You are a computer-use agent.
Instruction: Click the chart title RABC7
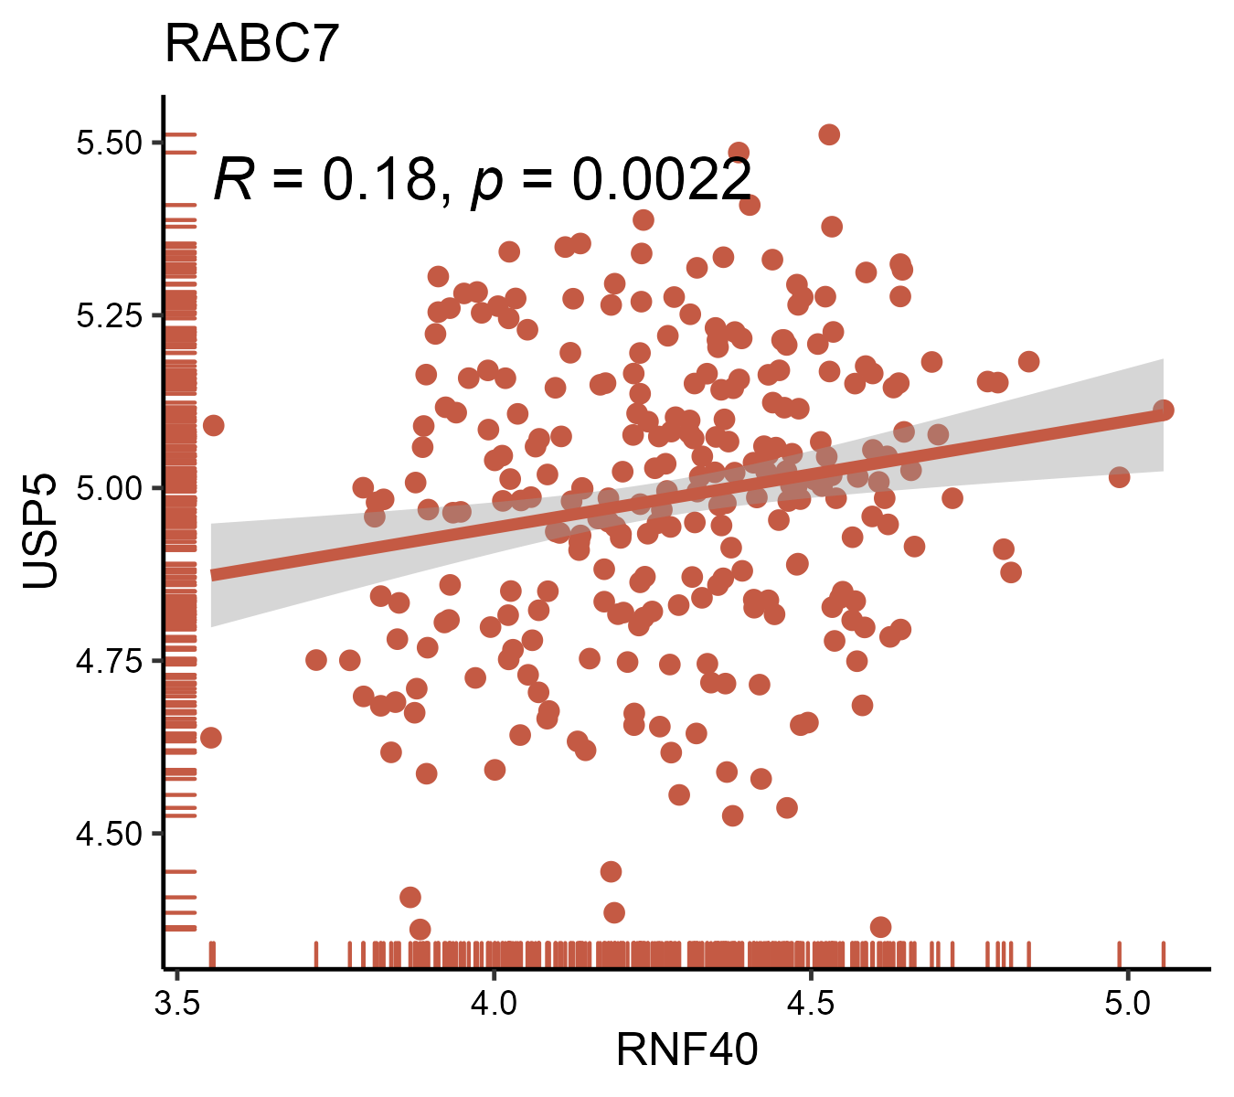(252, 44)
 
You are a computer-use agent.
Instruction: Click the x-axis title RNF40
(686, 1049)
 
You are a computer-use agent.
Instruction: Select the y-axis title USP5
(41, 530)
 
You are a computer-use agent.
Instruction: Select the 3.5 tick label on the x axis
(177, 1003)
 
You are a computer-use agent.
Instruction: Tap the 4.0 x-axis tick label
(494, 1003)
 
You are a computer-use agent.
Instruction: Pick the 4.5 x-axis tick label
(810, 1003)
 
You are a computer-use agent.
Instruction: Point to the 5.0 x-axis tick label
(1126, 1003)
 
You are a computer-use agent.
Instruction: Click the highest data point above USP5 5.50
(829, 134)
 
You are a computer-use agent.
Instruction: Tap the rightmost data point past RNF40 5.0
(1163, 410)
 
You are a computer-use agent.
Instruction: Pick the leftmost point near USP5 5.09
(213, 425)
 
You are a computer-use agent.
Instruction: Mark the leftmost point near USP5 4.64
(211, 738)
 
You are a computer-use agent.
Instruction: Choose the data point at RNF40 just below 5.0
(1120, 477)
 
